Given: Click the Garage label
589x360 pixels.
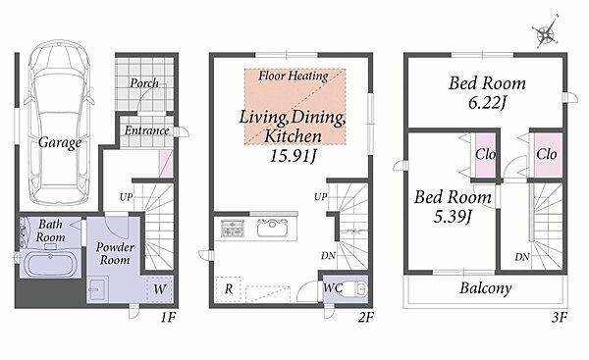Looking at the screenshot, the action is coord(60,142).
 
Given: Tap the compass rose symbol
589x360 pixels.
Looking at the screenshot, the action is coord(547,32).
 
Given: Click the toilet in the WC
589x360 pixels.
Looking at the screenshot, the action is coord(355,289).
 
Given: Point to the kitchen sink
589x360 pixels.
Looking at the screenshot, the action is coord(272,228).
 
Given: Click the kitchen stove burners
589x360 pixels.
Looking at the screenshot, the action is coord(233,229).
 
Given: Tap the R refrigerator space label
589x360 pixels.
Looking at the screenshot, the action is coord(229,289).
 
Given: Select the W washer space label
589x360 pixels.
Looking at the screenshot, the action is coord(160,289).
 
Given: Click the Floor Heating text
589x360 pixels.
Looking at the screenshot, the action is coord(294,76).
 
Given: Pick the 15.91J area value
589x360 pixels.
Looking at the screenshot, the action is coord(293,156).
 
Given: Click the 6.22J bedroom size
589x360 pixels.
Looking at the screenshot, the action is coord(487,102).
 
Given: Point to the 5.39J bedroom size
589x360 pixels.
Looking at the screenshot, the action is coord(453,216).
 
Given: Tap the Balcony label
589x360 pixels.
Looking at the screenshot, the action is coord(486,288).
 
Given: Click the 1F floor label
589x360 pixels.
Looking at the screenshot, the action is coord(168,318).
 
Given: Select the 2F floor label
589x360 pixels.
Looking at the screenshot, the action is coord(365,318).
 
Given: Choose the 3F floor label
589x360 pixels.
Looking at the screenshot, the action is coord(559,318).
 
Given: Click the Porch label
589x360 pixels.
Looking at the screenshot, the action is coord(144,83).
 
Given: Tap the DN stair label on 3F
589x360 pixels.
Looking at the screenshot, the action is coord(522,257).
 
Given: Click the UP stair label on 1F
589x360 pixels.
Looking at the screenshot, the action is coord(126,197).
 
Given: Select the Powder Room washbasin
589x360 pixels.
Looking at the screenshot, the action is coord(97,289).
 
